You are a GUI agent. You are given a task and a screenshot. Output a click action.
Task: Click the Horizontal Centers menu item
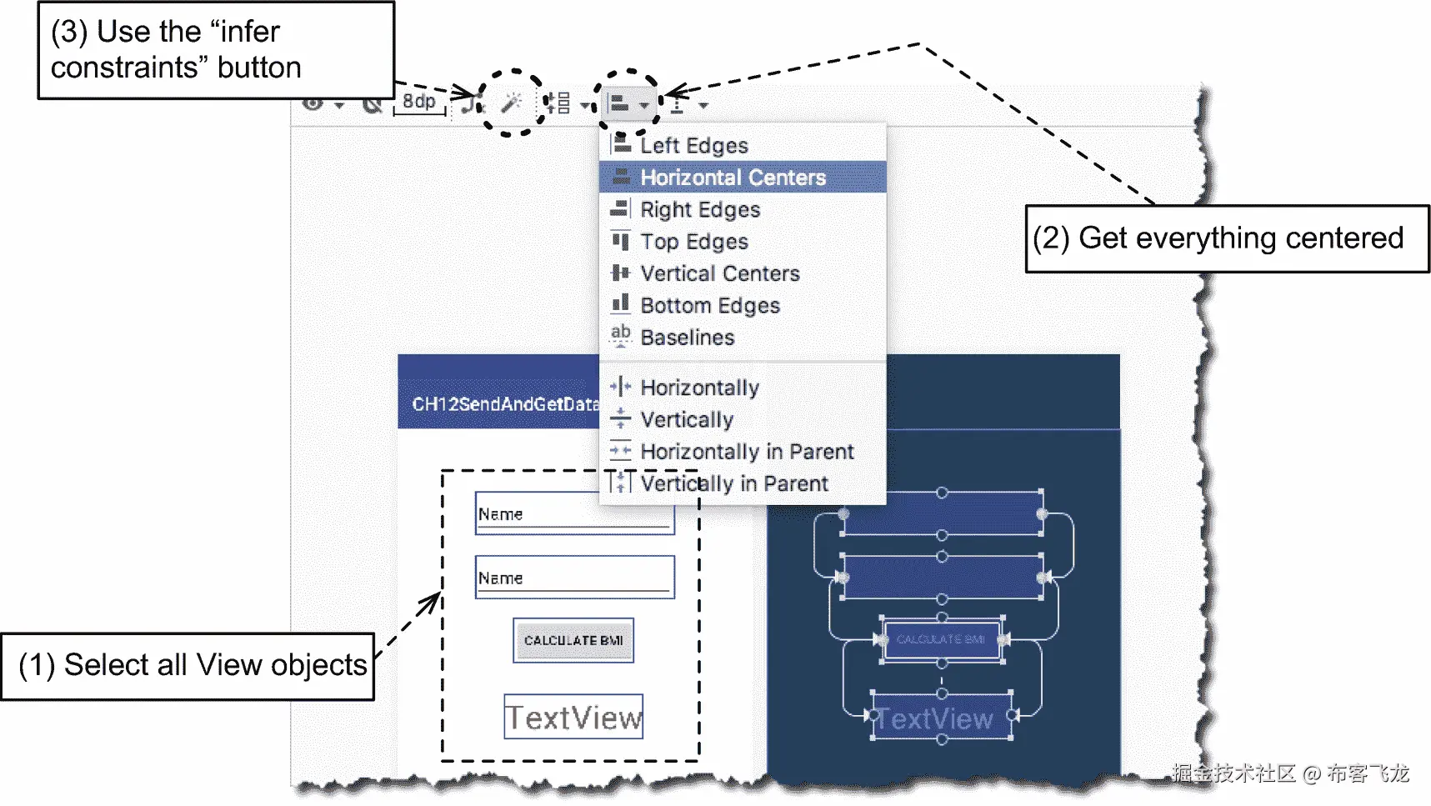(x=732, y=178)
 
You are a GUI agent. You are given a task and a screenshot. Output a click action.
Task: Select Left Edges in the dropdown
(x=693, y=146)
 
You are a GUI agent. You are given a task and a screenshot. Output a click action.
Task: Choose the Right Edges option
(x=699, y=210)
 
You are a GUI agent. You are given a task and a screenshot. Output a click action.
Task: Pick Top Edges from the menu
(x=693, y=242)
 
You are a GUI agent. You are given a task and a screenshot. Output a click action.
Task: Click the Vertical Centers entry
(x=719, y=273)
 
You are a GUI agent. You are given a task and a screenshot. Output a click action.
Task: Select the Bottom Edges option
(x=709, y=306)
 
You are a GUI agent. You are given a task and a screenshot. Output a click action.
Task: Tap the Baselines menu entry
(x=687, y=338)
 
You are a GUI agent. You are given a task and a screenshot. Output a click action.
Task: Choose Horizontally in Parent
(x=746, y=452)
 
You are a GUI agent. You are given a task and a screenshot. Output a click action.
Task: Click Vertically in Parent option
(x=733, y=484)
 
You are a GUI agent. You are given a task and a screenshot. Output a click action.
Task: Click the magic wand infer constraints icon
(x=511, y=103)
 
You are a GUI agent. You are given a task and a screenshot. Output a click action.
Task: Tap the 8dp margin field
(x=419, y=102)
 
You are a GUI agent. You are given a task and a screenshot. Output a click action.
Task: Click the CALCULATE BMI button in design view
(x=573, y=640)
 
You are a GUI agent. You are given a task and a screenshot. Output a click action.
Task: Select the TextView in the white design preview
(x=573, y=717)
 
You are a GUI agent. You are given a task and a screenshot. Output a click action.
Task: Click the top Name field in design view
(x=574, y=513)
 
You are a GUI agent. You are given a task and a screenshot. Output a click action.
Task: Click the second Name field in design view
(x=574, y=577)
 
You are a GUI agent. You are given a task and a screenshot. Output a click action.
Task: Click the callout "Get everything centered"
(x=1226, y=239)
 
